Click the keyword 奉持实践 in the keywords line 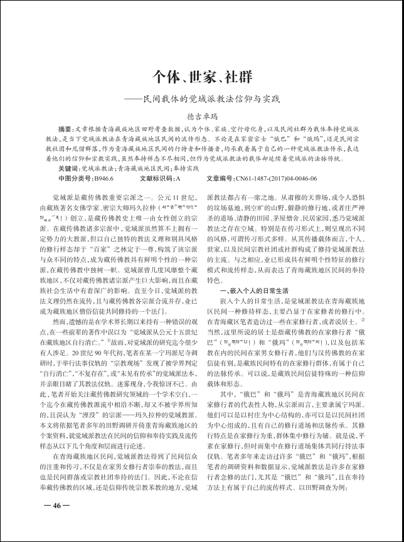(x=184, y=169)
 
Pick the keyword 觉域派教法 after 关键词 (x=98, y=169)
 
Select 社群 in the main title (x=238, y=77)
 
